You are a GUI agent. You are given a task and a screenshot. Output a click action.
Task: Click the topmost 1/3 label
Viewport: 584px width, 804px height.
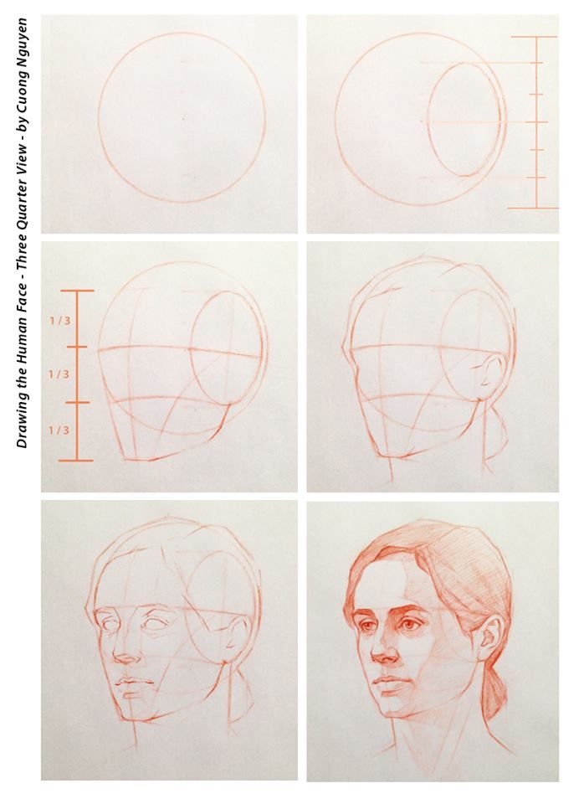(x=59, y=319)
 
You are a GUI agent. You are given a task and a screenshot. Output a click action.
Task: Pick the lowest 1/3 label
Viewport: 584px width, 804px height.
(x=59, y=430)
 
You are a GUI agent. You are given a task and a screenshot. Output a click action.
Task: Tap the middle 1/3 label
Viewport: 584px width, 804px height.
(x=59, y=374)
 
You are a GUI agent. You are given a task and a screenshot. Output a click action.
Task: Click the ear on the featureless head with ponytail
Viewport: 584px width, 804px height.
(x=490, y=375)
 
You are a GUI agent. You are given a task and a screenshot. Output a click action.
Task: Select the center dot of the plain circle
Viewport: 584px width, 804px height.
(x=182, y=118)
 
